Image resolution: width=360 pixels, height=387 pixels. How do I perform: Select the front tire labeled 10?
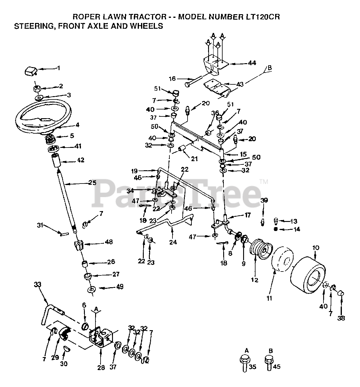pos(308,274)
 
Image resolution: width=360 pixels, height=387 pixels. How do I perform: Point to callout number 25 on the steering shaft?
pos(92,183)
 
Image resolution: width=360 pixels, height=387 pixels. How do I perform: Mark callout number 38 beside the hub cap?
pos(341,318)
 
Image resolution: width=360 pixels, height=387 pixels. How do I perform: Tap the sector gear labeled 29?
pos(64,334)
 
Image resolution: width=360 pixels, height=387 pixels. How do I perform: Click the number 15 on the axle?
pos(243,154)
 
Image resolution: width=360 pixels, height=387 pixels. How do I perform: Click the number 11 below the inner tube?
pos(269,298)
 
